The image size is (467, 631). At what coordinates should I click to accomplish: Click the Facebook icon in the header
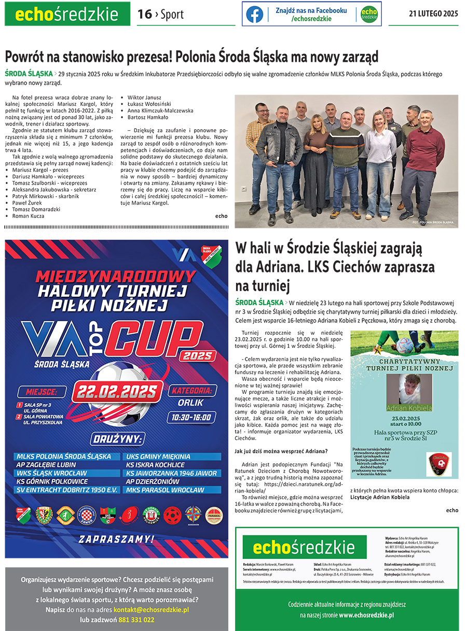(x=254, y=14)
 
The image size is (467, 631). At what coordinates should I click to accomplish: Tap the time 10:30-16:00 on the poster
(x=191, y=417)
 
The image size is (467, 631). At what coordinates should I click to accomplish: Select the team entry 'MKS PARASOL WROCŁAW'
(x=165, y=490)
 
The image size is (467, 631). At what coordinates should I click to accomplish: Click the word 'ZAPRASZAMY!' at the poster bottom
(x=116, y=539)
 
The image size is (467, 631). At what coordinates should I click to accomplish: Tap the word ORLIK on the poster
(x=190, y=403)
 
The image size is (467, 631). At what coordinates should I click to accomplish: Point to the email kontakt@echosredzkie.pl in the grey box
(x=151, y=610)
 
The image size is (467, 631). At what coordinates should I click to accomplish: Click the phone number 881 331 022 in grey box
(x=136, y=620)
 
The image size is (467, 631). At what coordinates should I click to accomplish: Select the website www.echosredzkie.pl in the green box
(x=366, y=615)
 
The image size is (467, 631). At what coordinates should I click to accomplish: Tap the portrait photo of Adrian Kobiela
(x=409, y=389)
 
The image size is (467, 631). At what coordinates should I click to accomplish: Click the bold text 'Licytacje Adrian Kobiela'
(x=380, y=497)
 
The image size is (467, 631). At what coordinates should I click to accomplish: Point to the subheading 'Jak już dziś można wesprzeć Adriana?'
(x=281, y=451)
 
